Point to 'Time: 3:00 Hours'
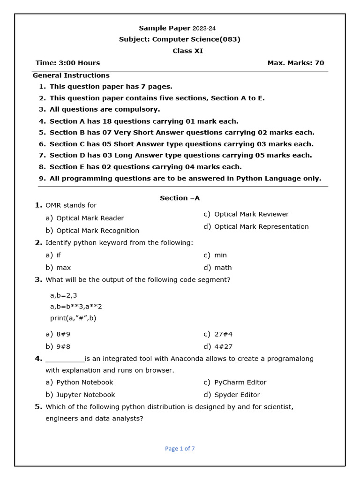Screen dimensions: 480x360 (67, 63)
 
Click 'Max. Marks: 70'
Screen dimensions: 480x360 (295, 63)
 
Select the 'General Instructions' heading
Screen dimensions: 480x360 (71, 75)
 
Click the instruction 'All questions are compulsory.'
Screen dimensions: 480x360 (105, 109)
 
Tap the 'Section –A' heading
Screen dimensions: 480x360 (180, 198)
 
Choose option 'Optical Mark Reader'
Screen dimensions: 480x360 (90, 218)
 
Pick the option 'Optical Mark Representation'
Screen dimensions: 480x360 (261, 226)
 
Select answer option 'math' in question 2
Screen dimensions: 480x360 (223, 268)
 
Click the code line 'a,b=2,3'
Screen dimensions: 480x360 (63, 295)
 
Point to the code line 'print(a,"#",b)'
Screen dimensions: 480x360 (73, 318)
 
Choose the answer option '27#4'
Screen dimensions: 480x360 (223, 334)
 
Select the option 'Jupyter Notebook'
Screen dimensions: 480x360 (85, 395)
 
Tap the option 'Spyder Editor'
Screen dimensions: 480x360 (237, 395)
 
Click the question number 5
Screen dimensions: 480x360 (38, 406)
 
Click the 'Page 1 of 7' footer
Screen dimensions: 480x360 (180, 449)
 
